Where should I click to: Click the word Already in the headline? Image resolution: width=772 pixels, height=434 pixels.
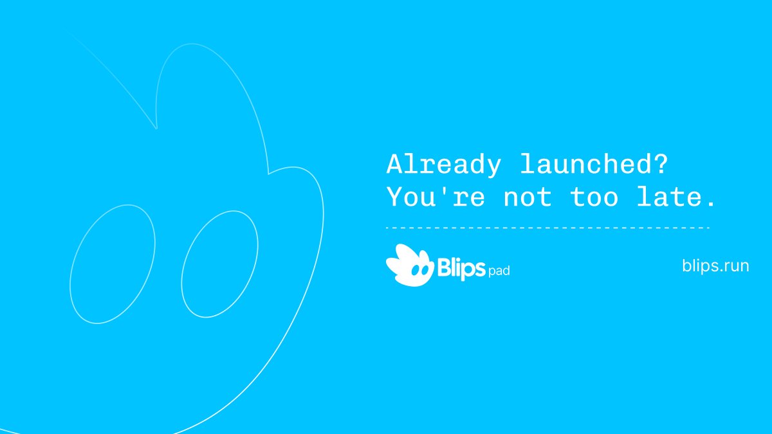pyautogui.click(x=443, y=165)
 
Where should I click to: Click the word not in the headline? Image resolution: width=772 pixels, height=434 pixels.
pyautogui.click(x=527, y=197)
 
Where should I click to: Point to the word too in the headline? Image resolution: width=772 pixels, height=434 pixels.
pyautogui.click(x=594, y=197)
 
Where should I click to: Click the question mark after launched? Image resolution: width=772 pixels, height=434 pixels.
pyautogui.click(x=660, y=165)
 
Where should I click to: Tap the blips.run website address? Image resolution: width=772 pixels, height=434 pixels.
pyautogui.click(x=715, y=266)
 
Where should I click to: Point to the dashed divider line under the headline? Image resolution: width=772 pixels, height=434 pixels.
pyautogui.click(x=547, y=228)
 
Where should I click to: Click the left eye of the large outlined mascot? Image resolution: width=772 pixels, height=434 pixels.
pyautogui.click(x=113, y=264)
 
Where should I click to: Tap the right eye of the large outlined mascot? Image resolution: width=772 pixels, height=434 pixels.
pyautogui.click(x=219, y=264)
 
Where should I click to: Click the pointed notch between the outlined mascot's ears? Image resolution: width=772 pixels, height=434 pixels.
pyautogui.click(x=156, y=127)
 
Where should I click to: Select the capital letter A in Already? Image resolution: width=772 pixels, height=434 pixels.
pyautogui.click(x=394, y=165)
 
